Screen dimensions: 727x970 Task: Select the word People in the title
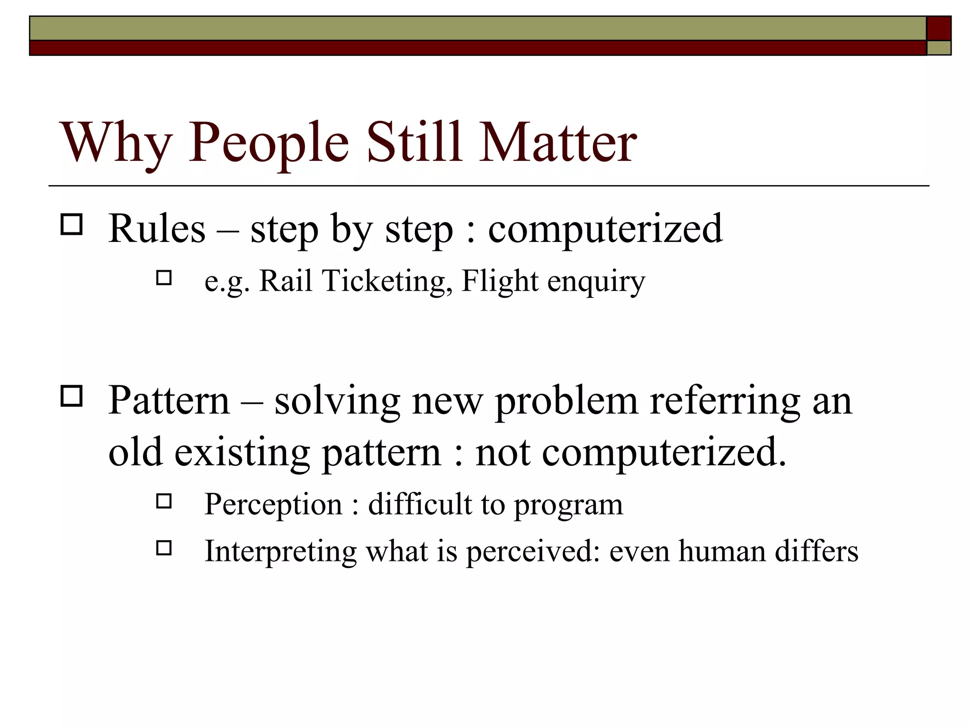point(269,143)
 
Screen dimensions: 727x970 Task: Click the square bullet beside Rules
point(72,224)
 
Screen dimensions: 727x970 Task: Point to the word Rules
point(157,229)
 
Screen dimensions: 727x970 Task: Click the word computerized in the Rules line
point(605,229)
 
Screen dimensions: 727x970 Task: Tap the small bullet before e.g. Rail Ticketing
point(163,277)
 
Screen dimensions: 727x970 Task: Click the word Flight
point(499,281)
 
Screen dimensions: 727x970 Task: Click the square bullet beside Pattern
point(72,396)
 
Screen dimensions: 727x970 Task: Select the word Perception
point(273,505)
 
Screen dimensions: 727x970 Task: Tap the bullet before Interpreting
point(163,548)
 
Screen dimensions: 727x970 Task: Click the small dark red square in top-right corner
point(938,28)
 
